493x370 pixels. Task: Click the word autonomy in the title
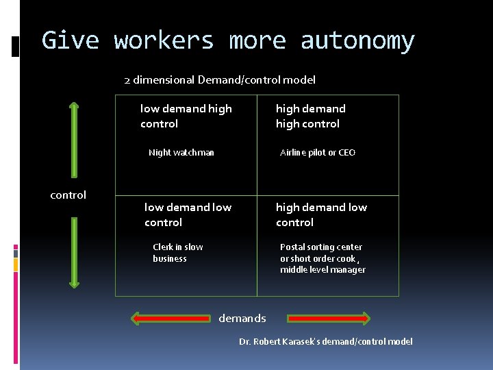coord(357,41)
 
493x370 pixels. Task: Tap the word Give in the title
coord(71,41)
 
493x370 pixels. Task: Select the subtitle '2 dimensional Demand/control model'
coord(220,80)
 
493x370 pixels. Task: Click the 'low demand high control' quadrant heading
coord(186,116)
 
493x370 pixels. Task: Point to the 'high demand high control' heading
coord(310,116)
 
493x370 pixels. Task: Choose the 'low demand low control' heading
coord(188,214)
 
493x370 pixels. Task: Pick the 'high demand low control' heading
coord(321,214)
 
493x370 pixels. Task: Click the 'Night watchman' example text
coord(181,153)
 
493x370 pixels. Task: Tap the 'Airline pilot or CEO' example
coord(318,153)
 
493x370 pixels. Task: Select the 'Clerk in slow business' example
coord(178,253)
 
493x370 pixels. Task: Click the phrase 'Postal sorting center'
coord(321,247)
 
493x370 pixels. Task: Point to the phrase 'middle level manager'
coord(323,270)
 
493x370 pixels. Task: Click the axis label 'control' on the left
coord(68,195)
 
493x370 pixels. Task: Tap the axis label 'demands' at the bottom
coord(242,318)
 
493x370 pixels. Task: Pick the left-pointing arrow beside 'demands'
coord(171,318)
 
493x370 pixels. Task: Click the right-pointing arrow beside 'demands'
coord(329,318)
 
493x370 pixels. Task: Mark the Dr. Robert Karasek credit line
coord(326,341)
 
